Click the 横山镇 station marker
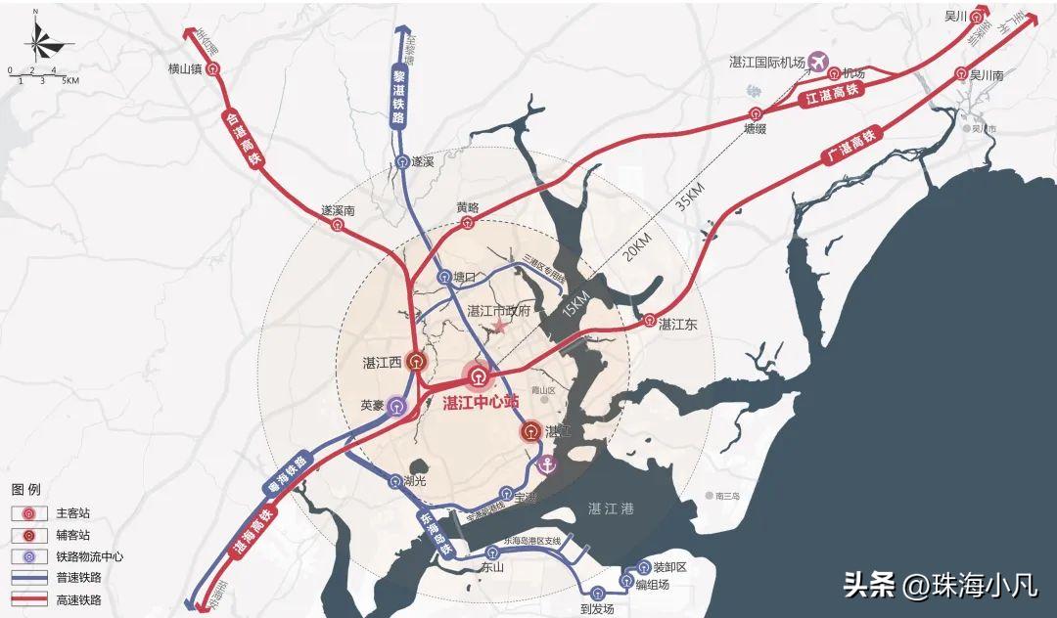point(213,69)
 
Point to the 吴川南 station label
point(987,75)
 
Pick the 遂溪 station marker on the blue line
point(402,162)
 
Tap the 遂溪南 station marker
point(339,225)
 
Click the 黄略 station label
point(468,207)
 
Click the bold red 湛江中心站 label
point(480,403)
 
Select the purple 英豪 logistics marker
point(394,406)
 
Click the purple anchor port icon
point(548,463)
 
